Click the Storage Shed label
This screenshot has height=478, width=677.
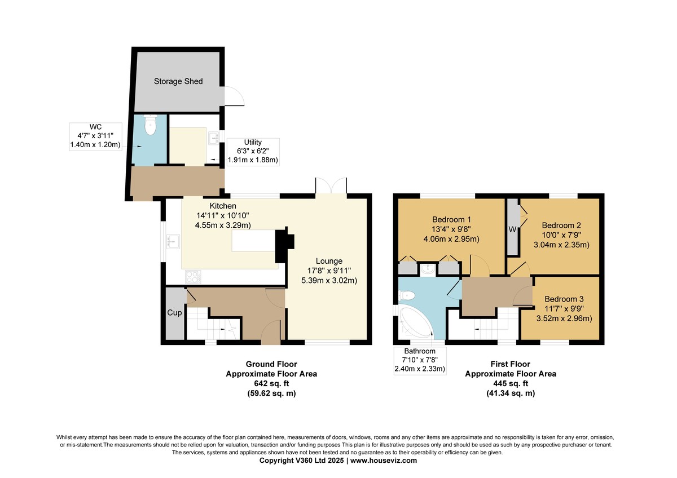pos(178,81)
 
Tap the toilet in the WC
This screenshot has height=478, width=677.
pos(150,125)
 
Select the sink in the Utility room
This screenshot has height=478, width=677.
pos(214,138)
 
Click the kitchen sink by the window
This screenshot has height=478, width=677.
pos(173,242)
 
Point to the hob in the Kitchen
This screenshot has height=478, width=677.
pos(193,277)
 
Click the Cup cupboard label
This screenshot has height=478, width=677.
pos(174,312)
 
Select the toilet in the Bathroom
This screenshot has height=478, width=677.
pos(407,295)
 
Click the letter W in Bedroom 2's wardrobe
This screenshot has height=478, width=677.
pos(512,229)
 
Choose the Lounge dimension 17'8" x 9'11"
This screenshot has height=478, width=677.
pos(329,271)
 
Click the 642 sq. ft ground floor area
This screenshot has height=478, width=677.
pos(271,383)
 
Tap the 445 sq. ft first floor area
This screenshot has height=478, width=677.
pos(511,383)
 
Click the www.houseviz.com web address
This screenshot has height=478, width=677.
pos(384,461)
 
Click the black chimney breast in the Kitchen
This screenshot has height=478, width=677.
pos(284,245)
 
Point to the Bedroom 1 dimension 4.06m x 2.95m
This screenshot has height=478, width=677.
pos(451,239)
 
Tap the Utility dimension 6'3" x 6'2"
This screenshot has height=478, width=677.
pos(253,151)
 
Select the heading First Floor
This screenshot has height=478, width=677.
pos(511,364)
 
